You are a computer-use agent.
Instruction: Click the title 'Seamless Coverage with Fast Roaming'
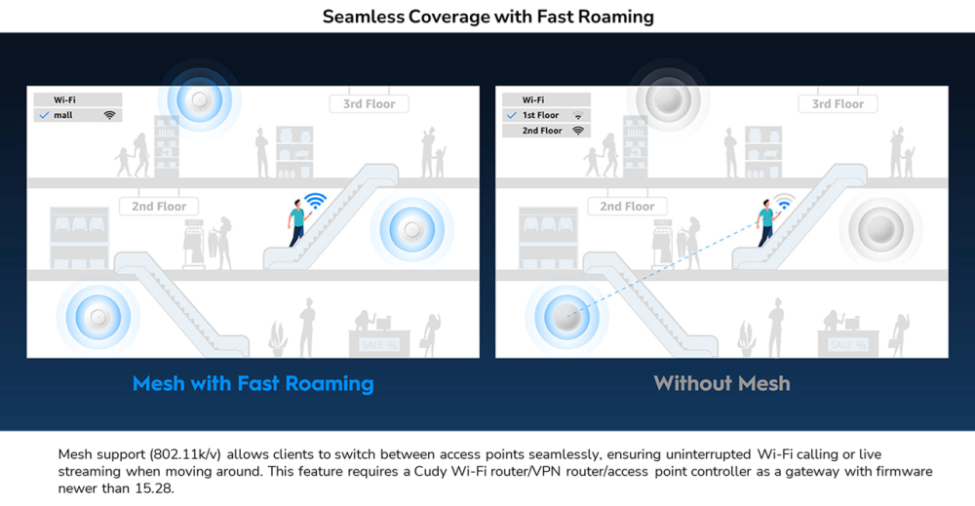tap(487, 17)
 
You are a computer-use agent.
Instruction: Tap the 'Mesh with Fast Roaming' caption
tap(253, 383)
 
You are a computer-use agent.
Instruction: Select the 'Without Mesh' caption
tap(721, 383)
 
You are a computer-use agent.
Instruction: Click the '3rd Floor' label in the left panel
tap(369, 103)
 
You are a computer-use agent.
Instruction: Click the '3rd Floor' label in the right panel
tap(838, 103)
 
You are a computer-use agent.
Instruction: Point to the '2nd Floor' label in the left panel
tap(159, 206)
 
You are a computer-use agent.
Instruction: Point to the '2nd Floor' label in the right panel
tap(627, 206)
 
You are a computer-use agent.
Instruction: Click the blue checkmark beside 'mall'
tap(43, 115)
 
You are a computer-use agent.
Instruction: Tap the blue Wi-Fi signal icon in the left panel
tap(314, 202)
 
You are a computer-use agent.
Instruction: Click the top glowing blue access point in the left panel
tap(200, 98)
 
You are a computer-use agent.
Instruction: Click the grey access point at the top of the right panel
tap(669, 98)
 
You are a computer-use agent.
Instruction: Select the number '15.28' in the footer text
tap(156, 487)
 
